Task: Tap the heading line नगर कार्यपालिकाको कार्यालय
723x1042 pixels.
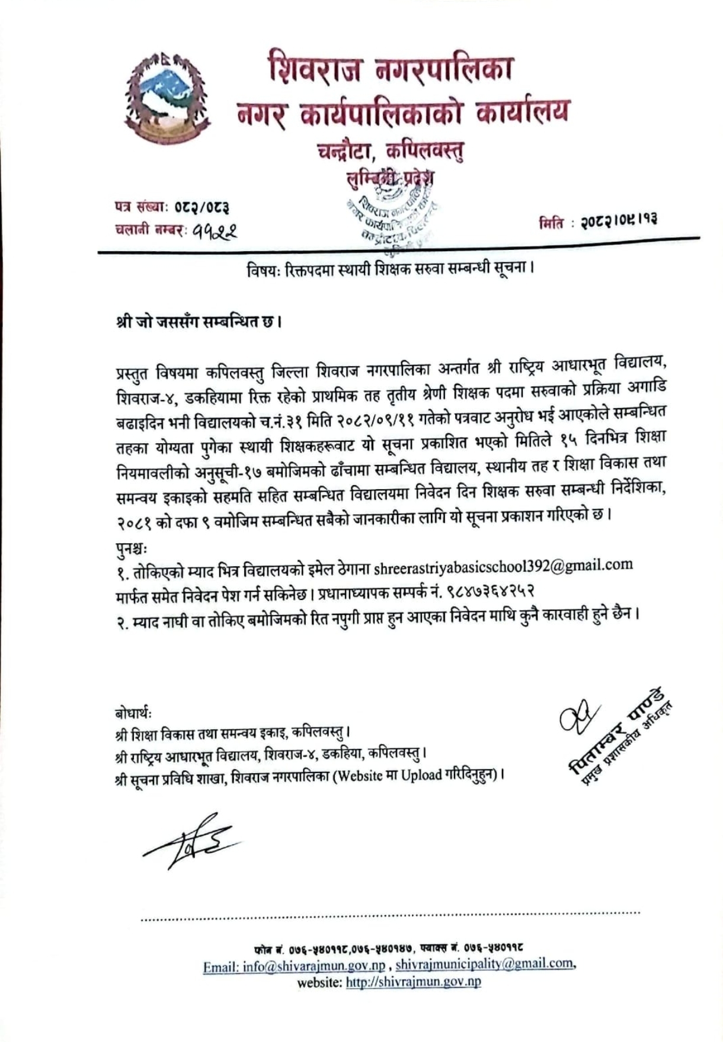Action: coord(401,112)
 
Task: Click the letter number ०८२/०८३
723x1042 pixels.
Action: coord(201,207)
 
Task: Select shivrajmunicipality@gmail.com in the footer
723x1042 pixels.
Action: coord(485,964)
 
